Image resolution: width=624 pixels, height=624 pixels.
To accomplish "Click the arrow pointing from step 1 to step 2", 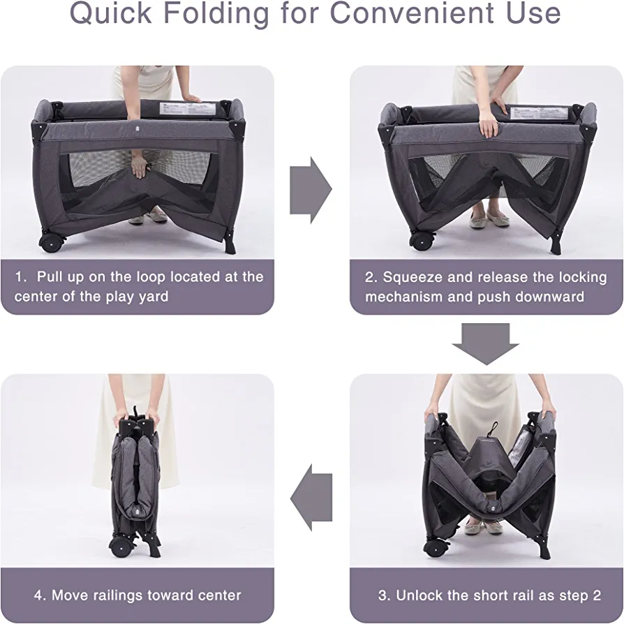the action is coord(311,191).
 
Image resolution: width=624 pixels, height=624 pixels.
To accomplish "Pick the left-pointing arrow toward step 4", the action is coord(311,497).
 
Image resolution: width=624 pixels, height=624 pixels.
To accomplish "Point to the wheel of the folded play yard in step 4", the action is coord(120,547).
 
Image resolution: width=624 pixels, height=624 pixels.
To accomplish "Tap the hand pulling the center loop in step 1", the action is coord(140,167).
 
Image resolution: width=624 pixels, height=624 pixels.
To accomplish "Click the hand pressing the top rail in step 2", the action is coord(488,124).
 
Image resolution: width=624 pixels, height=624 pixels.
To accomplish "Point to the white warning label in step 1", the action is coord(187,108).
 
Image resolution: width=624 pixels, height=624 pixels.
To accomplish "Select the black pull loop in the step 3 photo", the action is coord(494,429).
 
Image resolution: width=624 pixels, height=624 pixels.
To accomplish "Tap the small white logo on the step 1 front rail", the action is coord(136,128).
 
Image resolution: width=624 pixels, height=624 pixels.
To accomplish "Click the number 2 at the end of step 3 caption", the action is coord(597,595).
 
